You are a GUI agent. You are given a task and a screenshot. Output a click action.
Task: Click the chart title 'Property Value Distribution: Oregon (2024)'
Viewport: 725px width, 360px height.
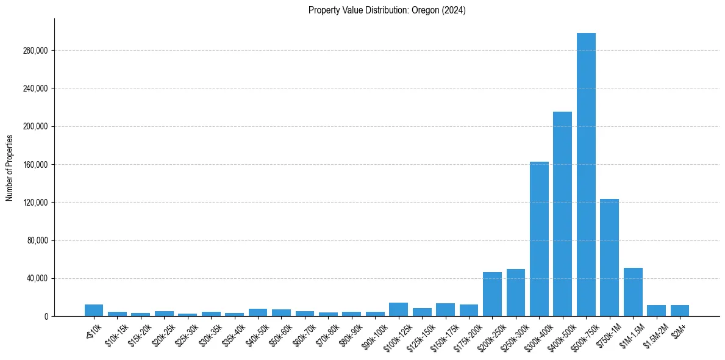[x=387, y=10]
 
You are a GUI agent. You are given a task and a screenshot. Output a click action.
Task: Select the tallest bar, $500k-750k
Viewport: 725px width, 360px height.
[x=586, y=175]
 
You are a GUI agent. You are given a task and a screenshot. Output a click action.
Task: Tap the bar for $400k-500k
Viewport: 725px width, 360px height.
[x=562, y=214]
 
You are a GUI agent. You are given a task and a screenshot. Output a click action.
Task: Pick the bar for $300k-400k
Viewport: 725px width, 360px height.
[x=539, y=239]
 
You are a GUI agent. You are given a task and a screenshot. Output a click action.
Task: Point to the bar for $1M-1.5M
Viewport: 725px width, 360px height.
[x=633, y=292]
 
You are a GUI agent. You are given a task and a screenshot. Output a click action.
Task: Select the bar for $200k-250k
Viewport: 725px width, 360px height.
[x=492, y=294]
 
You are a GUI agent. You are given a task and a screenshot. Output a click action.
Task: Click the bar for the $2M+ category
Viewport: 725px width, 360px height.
[x=680, y=311]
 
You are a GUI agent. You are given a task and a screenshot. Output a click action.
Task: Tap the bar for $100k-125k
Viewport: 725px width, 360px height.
[x=398, y=309]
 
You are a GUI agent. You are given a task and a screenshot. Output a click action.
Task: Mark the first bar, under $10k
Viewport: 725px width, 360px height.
[x=94, y=310]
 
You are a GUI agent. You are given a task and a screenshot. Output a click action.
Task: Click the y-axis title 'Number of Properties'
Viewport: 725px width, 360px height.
[x=10, y=167]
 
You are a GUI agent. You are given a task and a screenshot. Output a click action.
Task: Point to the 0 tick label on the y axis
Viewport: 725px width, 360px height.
[x=45, y=317]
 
